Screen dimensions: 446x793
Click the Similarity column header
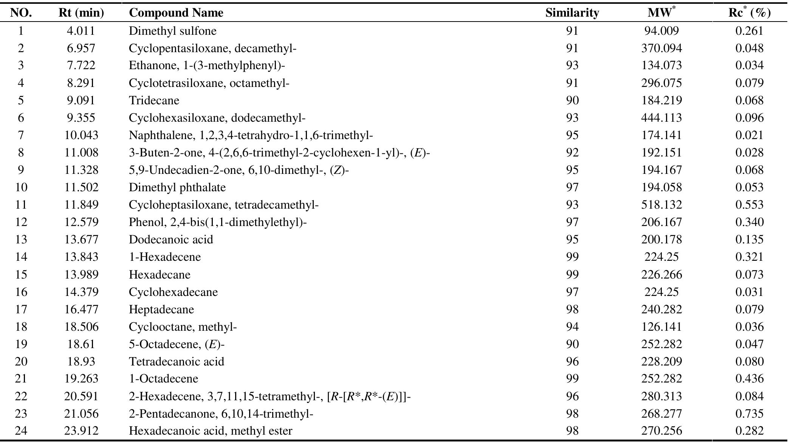point(572,13)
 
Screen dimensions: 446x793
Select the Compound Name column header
point(176,13)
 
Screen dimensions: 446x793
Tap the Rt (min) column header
point(81,13)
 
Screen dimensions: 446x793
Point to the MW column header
point(661,13)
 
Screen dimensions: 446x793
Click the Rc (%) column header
point(749,13)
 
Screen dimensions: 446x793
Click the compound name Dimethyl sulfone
point(172,31)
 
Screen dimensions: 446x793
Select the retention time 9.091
point(81,100)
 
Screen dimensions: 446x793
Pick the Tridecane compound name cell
point(154,100)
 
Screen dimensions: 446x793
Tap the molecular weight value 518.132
point(661,204)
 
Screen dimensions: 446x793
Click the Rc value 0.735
point(749,413)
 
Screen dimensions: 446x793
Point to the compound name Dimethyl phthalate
point(177,187)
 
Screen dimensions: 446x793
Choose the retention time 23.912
point(81,431)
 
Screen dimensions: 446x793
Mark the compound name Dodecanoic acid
point(171,239)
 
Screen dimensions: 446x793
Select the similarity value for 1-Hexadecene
point(572,257)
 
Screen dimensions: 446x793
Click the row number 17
point(21,309)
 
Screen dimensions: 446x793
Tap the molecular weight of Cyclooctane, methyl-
point(661,327)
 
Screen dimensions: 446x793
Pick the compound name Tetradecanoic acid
point(177,361)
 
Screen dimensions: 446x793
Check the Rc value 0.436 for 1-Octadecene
point(749,379)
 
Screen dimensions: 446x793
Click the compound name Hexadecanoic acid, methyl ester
point(211,431)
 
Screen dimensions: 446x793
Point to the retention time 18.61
point(81,344)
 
